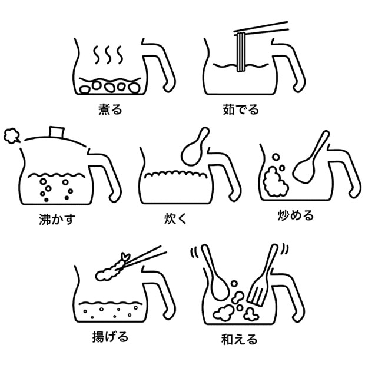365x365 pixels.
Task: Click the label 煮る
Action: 110,109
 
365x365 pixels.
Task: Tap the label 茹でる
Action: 241,109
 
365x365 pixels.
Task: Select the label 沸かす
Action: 57,220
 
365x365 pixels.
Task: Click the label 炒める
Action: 296,215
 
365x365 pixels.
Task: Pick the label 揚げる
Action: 110,337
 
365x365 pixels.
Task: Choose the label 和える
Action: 240,339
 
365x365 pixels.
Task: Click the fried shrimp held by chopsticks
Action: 112,268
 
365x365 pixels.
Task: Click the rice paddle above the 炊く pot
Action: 195,147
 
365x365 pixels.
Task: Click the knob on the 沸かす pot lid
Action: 57,132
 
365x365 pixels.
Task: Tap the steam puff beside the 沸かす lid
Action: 12,136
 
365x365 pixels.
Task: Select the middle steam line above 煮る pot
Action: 108,55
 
